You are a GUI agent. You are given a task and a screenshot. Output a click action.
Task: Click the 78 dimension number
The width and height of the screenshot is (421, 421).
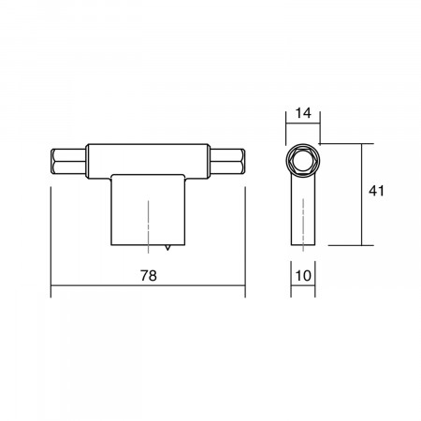pyautogui.click(x=149, y=276)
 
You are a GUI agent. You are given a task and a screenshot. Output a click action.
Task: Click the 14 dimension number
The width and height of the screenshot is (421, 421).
pyautogui.click(x=303, y=113)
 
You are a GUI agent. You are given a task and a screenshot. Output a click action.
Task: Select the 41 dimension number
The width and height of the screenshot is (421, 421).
pyautogui.click(x=376, y=191)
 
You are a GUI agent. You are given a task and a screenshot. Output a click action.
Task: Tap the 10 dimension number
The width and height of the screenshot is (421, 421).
pyautogui.click(x=303, y=276)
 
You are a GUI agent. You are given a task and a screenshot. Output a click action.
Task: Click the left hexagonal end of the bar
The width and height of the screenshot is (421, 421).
pyautogui.click(x=68, y=161)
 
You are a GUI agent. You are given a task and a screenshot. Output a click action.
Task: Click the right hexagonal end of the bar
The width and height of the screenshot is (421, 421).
pyautogui.click(x=227, y=161)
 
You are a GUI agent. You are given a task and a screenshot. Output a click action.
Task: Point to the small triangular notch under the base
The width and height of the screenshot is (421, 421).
pyautogui.click(x=168, y=247)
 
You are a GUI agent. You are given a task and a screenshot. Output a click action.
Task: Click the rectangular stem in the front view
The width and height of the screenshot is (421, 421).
pyautogui.click(x=149, y=210)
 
